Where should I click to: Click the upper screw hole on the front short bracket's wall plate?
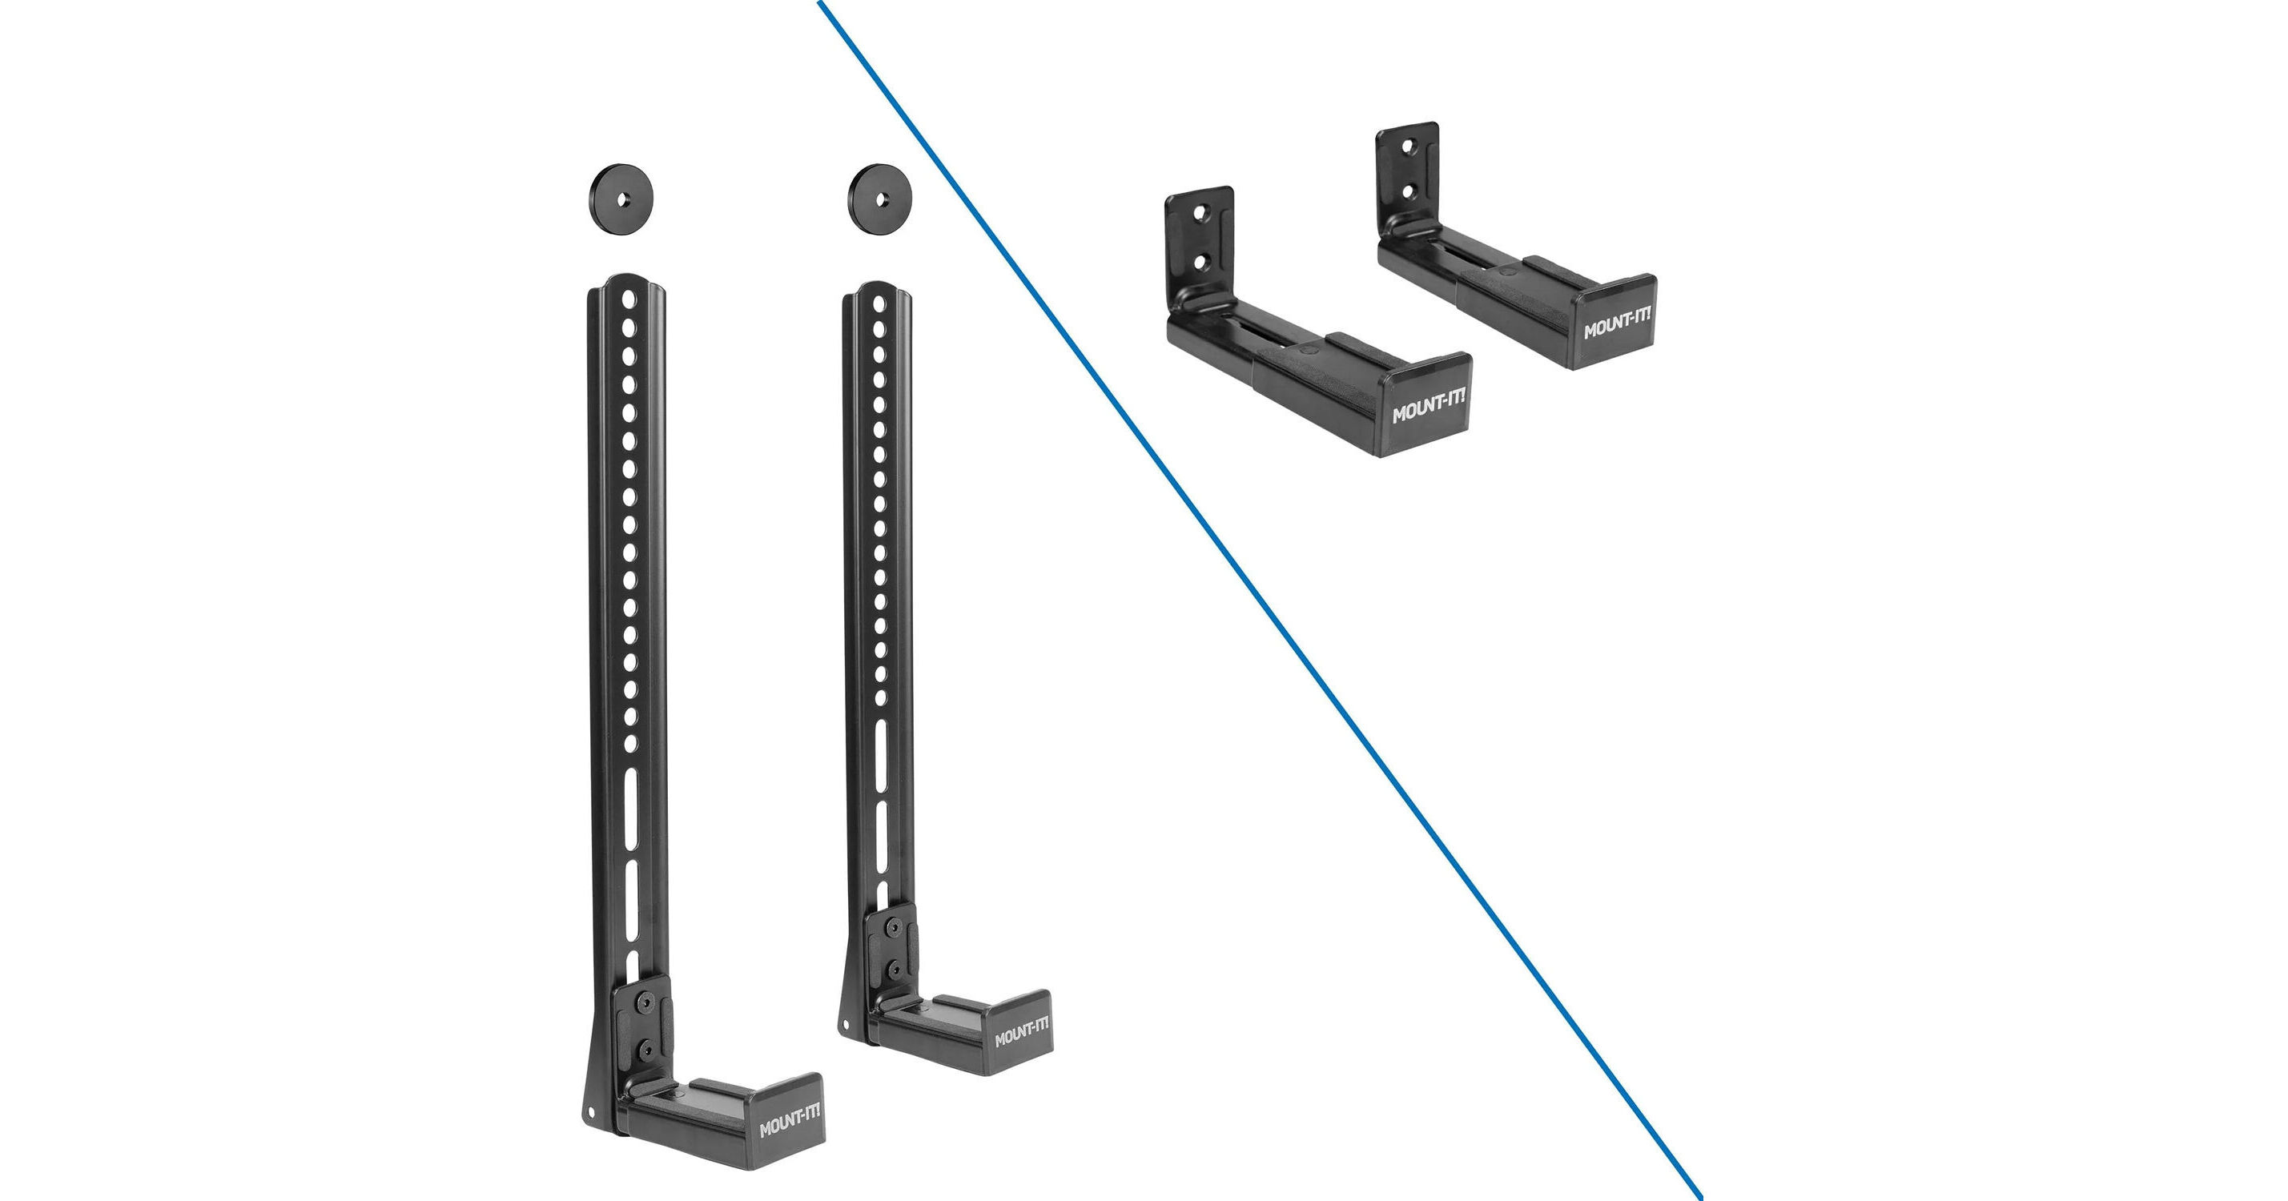click(x=1200, y=214)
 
